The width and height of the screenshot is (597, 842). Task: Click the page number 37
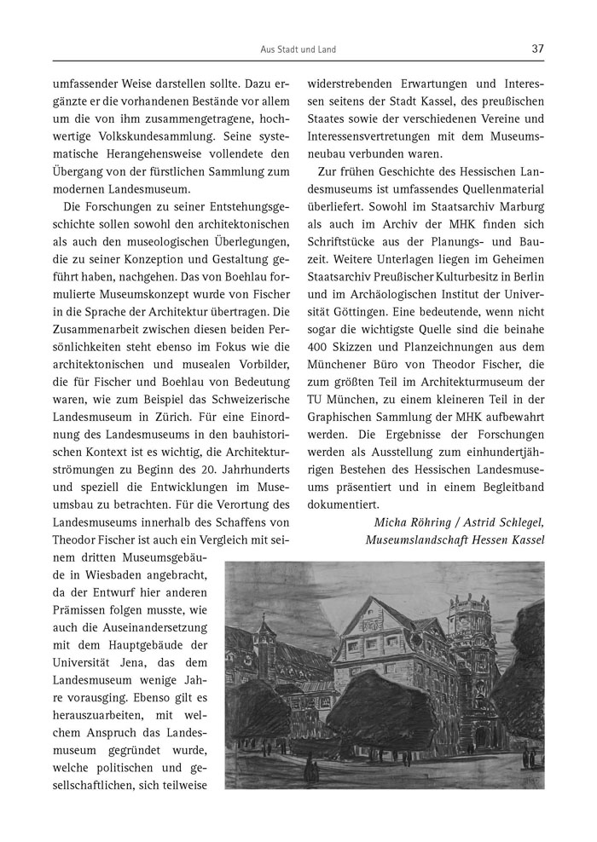pyautogui.click(x=537, y=49)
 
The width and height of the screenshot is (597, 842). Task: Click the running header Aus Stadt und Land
pyautogui.click(x=298, y=49)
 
